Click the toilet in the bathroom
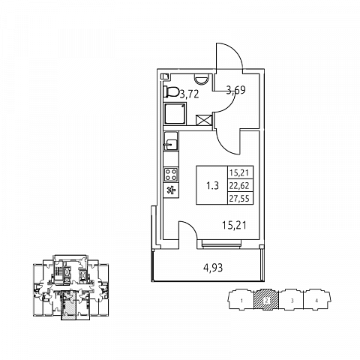coord(171,92)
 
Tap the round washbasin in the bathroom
coord(201,80)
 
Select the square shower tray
coord(175,114)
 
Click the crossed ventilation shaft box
coord(204,120)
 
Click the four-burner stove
coord(171,175)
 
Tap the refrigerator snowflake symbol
coord(171,190)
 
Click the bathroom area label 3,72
coord(189,94)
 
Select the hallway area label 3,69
coord(235,90)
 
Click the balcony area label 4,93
coord(213,268)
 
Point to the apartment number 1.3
coord(212,186)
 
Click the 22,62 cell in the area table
coord(240,186)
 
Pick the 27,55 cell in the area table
coord(240,199)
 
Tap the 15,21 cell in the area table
coord(240,172)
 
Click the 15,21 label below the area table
coord(234,226)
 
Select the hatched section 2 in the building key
coord(266,300)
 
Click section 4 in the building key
coord(317,300)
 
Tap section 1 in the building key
coord(241,300)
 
